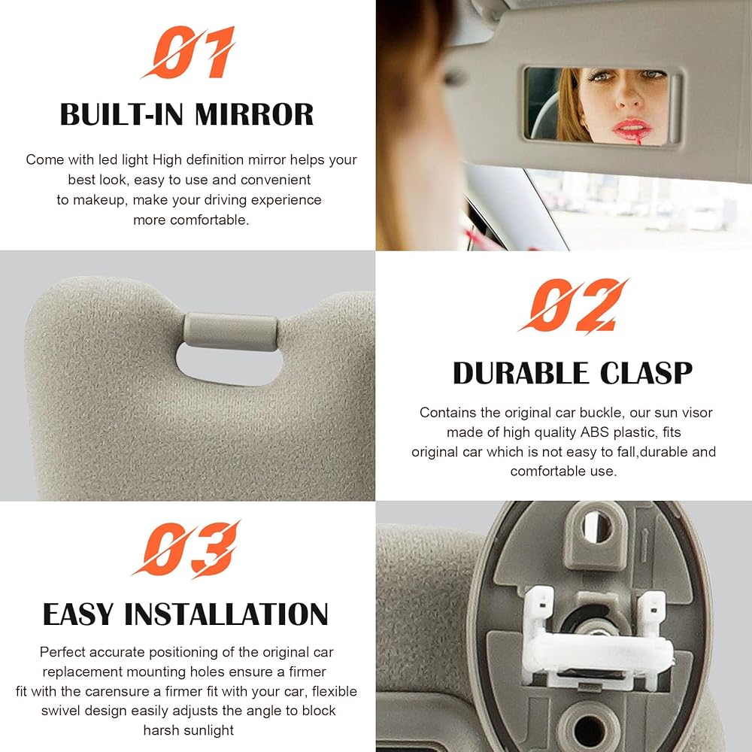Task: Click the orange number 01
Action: coord(189,52)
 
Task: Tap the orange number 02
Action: coord(573,305)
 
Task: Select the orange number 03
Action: coord(186,549)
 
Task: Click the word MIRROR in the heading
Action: coord(253,114)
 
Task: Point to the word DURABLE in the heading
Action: coord(521,373)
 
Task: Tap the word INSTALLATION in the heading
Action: coord(226,614)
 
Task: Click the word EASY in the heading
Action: coord(79,614)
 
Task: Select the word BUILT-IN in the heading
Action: coord(122,114)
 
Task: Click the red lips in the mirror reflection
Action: coord(632,127)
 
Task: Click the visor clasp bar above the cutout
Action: coord(230,332)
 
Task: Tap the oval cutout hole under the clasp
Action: coord(229,365)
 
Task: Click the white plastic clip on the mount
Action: coord(597,638)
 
